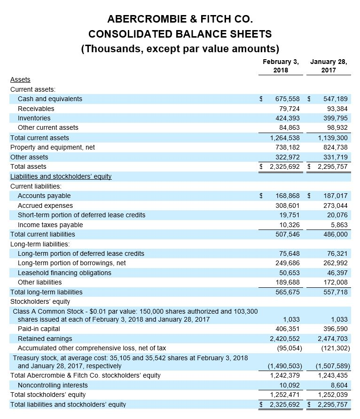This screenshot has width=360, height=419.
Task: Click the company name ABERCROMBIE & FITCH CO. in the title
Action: [180, 19]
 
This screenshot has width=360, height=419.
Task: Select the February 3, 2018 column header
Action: [281, 66]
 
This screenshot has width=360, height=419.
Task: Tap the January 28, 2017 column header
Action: [329, 66]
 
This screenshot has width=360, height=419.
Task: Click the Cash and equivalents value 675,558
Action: [288, 99]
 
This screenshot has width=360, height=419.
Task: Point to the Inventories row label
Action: [34, 118]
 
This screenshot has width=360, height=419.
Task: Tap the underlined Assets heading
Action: [20, 80]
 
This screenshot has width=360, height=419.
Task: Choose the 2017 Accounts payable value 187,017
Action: [336, 196]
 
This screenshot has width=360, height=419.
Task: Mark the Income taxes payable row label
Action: [50, 225]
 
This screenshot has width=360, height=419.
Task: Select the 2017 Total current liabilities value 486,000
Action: [336, 234]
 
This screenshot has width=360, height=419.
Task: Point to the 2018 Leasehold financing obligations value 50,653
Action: [290, 273]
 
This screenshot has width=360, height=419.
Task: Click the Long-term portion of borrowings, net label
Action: [71, 263]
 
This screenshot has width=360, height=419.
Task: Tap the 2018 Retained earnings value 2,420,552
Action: [284, 339]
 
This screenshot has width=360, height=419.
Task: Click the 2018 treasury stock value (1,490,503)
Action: [284, 366]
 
